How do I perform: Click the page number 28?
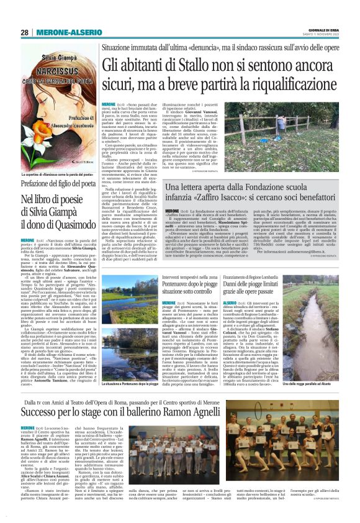click(x=25, y=32)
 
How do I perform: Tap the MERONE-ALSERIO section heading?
click(x=65, y=32)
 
